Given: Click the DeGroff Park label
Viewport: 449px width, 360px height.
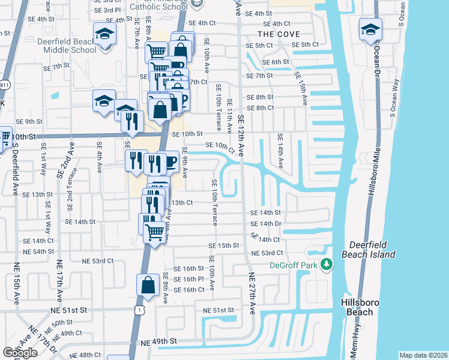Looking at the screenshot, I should pos(292,264).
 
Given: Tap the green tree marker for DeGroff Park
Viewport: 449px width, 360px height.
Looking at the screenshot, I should pos(326,264).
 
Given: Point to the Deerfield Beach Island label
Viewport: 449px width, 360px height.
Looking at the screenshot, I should pos(372,250).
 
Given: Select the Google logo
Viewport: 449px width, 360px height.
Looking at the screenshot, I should pos(20,353).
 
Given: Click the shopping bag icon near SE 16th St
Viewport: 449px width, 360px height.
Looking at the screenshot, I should pos(148,286).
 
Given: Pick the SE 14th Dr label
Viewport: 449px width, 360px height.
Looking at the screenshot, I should pos(266,223).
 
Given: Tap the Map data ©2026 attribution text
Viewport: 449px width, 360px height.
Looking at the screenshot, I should pos(423,355).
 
